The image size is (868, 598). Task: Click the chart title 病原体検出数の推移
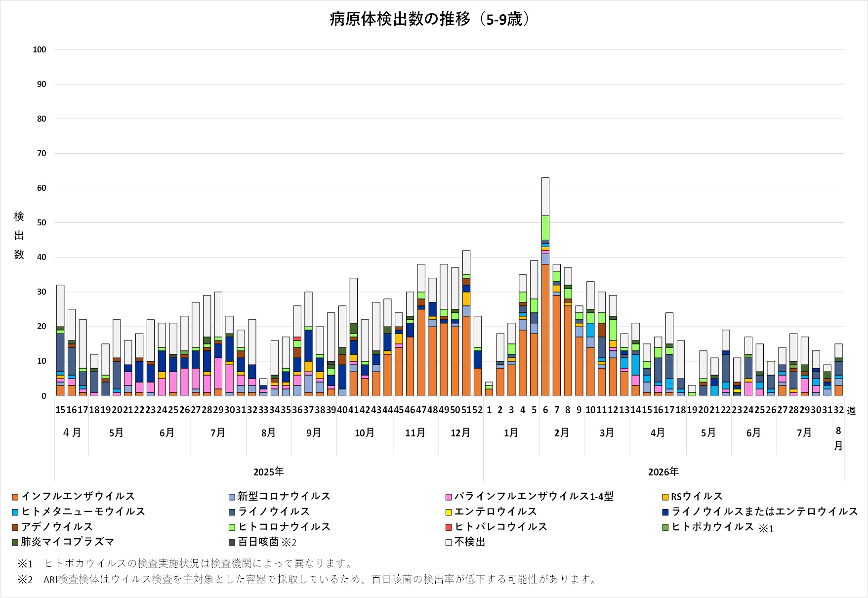click(400, 19)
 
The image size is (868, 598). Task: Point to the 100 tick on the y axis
click(40, 49)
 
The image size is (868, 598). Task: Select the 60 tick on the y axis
click(41, 188)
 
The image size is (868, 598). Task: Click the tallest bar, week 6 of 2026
click(545, 287)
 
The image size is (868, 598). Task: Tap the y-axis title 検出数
click(19, 235)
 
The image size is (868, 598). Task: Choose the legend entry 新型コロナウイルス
click(280, 496)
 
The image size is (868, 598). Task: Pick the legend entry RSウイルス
click(693, 496)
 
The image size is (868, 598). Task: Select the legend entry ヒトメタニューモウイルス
click(79, 512)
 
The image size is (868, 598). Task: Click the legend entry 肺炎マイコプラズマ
click(63, 542)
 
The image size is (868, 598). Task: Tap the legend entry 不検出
click(465, 542)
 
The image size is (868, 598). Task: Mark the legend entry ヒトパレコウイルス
click(496, 527)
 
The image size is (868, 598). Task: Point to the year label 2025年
click(269, 472)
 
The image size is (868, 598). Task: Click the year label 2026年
click(663, 472)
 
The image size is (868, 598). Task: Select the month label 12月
click(460, 433)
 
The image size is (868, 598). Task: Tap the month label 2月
click(562, 433)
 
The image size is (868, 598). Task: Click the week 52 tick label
click(477, 410)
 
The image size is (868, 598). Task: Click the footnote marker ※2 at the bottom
click(25, 579)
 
